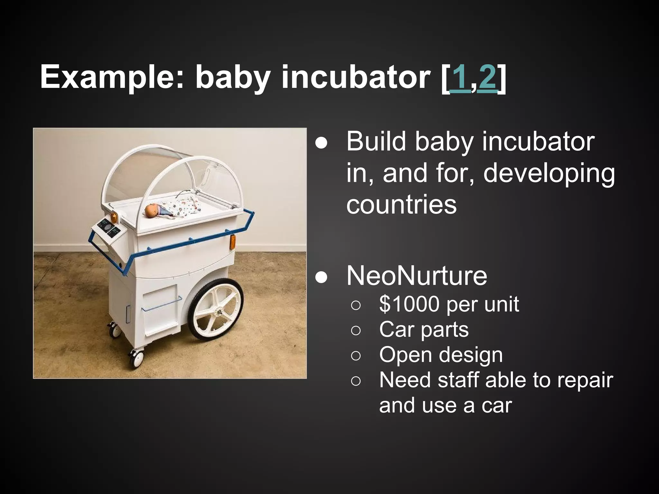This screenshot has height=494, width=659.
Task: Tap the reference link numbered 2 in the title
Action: [x=487, y=78]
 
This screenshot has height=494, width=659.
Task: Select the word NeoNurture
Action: [x=417, y=276]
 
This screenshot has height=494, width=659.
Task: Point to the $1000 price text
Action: [x=408, y=304]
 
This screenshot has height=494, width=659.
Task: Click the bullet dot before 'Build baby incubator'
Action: [x=321, y=142]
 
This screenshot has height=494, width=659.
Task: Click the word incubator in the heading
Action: [x=356, y=78]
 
